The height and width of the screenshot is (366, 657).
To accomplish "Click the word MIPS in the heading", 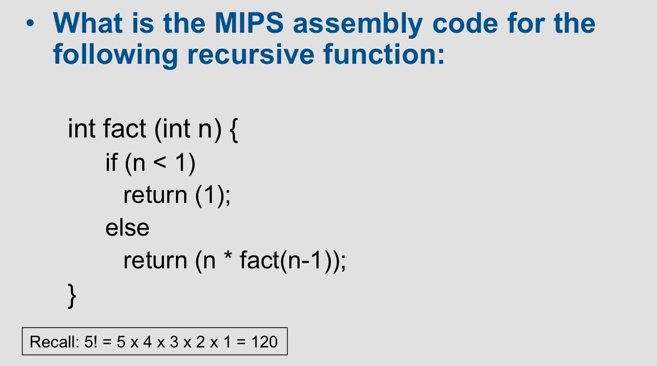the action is (x=250, y=23).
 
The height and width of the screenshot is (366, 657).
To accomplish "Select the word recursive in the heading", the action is (x=251, y=54).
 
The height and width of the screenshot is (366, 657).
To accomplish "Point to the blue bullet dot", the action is (x=30, y=23).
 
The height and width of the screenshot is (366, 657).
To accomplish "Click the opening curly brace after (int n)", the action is (x=234, y=130).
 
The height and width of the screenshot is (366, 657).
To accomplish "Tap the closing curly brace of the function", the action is (x=72, y=296).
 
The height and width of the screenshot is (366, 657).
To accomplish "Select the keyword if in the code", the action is (x=112, y=162).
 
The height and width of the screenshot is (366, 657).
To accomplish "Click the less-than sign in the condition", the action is (x=160, y=163).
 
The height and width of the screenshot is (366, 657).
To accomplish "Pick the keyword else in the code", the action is (x=127, y=227).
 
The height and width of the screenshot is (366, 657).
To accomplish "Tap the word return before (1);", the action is (x=155, y=195).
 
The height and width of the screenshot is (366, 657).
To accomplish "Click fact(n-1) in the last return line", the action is (x=286, y=261).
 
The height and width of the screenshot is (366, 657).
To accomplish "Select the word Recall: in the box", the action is (x=54, y=341).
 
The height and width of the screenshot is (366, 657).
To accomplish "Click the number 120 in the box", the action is (x=264, y=341).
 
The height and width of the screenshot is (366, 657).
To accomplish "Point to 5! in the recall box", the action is (x=90, y=341).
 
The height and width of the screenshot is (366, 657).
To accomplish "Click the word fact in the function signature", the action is (x=125, y=128).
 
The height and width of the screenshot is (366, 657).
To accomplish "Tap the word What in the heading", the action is (x=88, y=23).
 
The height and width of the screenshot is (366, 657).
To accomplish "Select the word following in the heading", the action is (x=115, y=55).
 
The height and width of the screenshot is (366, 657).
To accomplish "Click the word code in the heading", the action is (x=465, y=23).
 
